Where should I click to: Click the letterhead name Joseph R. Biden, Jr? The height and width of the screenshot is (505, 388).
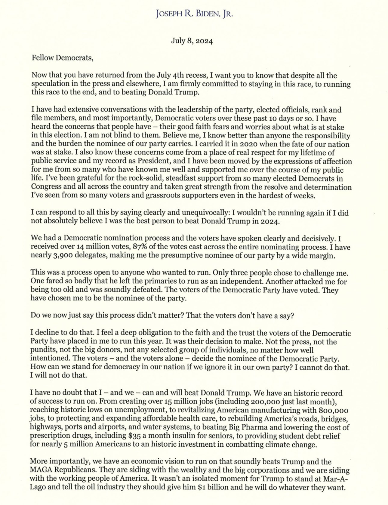pos(194,14)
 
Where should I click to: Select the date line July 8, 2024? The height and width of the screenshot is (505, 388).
pos(192,41)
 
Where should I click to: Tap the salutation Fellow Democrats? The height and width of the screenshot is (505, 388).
pos(63,58)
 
